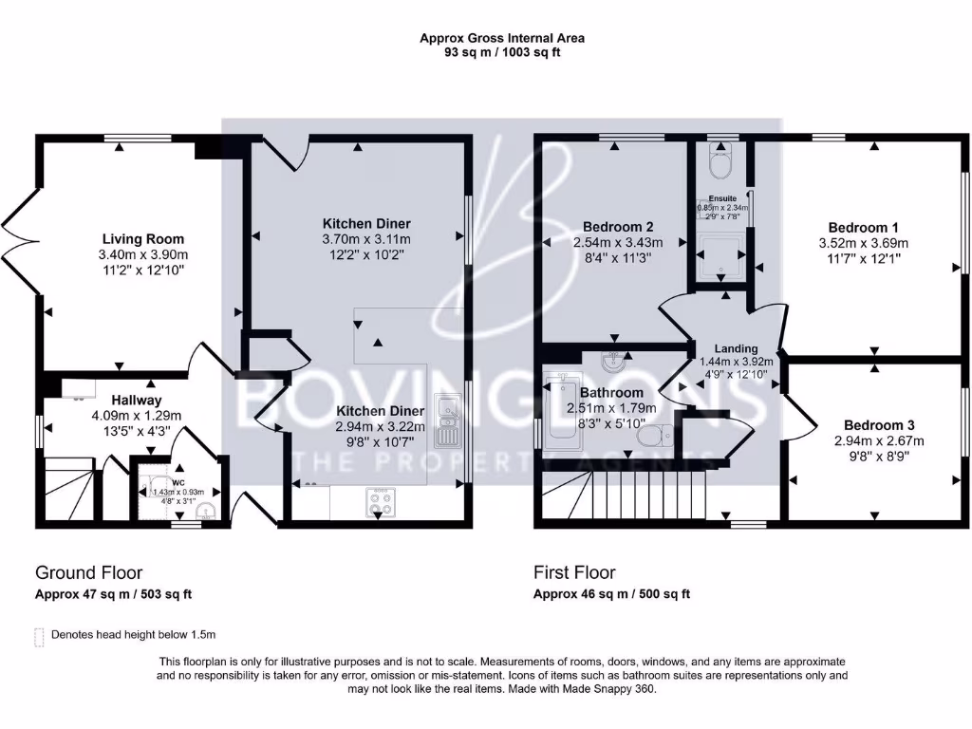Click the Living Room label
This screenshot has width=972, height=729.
click(x=143, y=239)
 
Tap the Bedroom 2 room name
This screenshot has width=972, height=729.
click(x=618, y=227)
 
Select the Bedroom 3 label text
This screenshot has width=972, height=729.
click(x=878, y=425)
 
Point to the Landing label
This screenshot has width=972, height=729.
click(x=737, y=348)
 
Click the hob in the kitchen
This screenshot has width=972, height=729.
click(x=383, y=503)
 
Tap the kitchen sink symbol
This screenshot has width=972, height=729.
click(x=445, y=421)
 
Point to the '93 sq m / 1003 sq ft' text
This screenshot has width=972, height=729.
click(x=502, y=52)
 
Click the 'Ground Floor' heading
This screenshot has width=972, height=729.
click(x=89, y=572)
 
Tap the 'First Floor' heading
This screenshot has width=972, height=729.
click(x=574, y=572)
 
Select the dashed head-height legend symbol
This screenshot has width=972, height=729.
click(x=39, y=635)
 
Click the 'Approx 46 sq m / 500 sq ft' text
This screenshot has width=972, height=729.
click(x=611, y=594)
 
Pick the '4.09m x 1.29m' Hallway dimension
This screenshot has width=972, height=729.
click(x=136, y=415)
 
